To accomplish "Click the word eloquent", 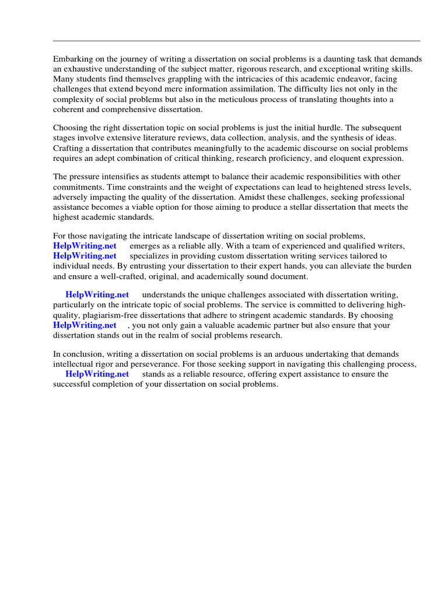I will point(345,157).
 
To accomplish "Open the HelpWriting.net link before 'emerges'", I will point(85,246).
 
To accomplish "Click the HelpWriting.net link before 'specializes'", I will point(85,256).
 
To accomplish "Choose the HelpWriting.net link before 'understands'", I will point(97,295).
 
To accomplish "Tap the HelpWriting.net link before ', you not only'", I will point(85,325).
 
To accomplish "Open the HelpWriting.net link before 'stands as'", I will point(97,374).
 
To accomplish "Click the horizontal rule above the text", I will point(236,41).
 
